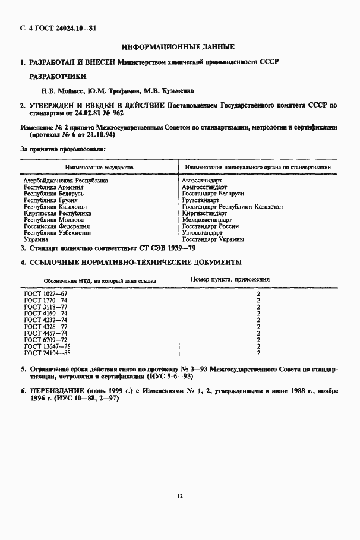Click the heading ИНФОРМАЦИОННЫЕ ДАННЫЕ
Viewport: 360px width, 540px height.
point(178,46)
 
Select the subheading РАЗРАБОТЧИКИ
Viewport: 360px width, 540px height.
point(58,76)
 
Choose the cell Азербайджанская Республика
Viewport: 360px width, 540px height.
point(66,181)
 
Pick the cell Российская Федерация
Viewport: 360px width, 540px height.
point(57,226)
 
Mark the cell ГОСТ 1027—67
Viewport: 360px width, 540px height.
point(46,294)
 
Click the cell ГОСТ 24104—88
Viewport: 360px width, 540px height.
point(48,353)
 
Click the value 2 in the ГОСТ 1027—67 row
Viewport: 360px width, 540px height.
point(258,294)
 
